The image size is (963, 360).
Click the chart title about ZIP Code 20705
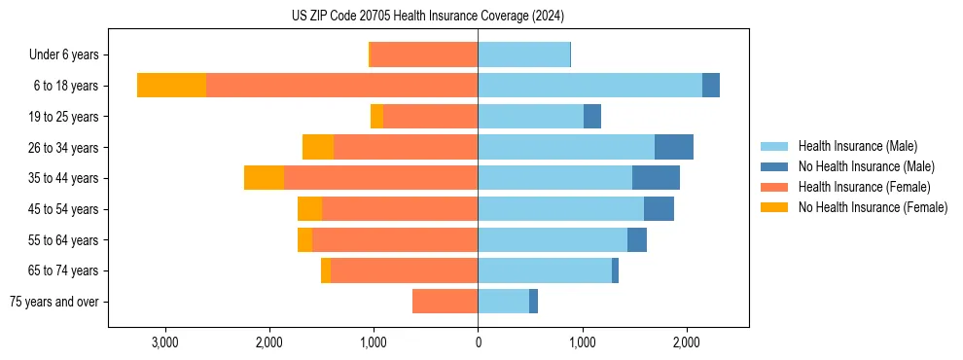pos(427,17)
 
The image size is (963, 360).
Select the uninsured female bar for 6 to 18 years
pos(171,86)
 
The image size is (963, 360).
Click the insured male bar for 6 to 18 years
pos(589,86)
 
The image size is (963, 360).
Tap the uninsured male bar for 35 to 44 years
pos(656,178)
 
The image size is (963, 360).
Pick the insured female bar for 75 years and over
pos(445,302)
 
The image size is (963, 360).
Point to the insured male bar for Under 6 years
pos(523,54)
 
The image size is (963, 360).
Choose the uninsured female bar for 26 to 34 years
pos(318,147)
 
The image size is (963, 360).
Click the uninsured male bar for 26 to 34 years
pos(674,147)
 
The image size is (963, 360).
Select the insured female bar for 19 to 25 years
pos(430,117)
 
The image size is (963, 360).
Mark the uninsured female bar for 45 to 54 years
pos(309,209)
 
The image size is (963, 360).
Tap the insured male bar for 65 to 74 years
pos(545,270)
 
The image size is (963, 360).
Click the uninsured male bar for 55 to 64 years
pos(637,240)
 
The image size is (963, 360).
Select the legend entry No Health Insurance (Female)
pos(873,207)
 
